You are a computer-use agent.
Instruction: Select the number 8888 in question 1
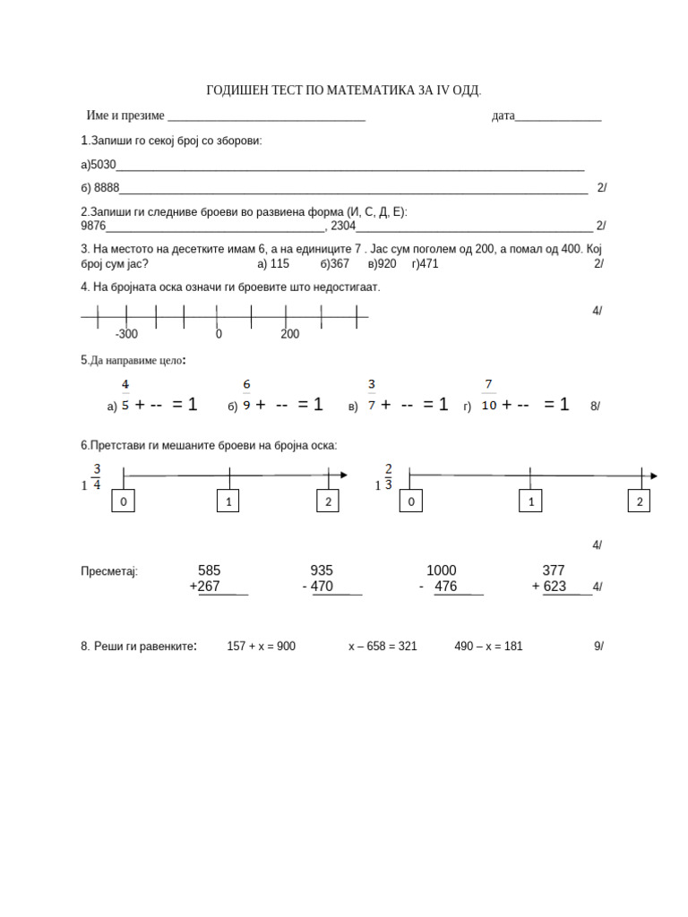pos(107,187)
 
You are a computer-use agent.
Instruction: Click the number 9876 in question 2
pos(93,226)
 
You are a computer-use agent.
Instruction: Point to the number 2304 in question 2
pos(343,226)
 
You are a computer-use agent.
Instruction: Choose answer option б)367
pos(334,264)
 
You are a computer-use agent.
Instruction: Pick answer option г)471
pos(425,264)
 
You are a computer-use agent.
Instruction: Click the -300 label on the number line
pos(126,334)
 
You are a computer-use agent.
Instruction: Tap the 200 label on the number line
pos(289,334)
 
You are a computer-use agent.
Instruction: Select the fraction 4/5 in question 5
pos(125,395)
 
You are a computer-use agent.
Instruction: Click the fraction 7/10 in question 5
pos(489,395)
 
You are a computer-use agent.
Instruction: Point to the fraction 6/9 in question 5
pos(246,395)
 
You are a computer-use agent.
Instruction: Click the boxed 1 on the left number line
pos(228,502)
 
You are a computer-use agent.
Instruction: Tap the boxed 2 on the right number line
pos(640,502)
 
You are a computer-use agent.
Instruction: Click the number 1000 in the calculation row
pos(441,570)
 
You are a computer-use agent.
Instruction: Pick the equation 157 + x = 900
pos(261,646)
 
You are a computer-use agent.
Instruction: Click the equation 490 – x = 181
pos(488,646)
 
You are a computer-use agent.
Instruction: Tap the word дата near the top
pos(503,116)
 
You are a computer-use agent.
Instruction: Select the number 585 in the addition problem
pos(209,570)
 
